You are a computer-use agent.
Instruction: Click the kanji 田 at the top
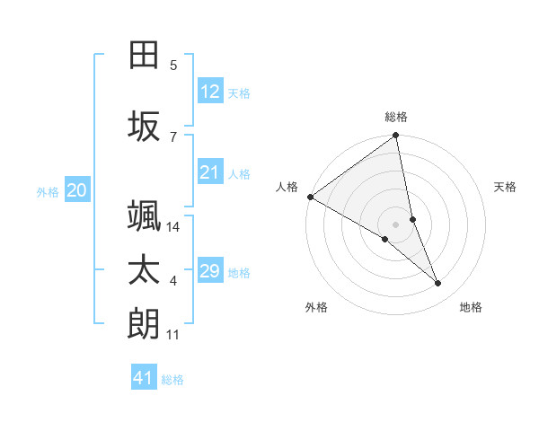[145, 55]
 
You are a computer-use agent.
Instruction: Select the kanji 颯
[145, 215]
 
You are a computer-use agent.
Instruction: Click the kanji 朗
[145, 323]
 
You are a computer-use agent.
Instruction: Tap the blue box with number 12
[210, 92]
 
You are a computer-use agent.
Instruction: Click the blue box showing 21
[210, 173]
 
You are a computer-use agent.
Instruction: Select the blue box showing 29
[210, 271]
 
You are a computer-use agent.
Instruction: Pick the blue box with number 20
[77, 190]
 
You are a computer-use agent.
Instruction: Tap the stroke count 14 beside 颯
[173, 227]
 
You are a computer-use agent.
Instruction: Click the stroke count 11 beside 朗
[173, 335]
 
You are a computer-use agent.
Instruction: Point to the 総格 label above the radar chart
[396, 117]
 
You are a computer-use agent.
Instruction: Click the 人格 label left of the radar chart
[287, 187]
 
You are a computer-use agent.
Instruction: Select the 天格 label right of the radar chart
[506, 187]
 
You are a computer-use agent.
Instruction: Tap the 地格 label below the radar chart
[471, 307]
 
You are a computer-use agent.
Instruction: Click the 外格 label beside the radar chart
[316, 307]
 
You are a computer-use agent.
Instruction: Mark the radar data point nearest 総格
[396, 136]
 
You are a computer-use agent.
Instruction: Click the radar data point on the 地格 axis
[438, 284]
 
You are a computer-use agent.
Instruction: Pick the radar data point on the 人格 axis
[310, 197]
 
